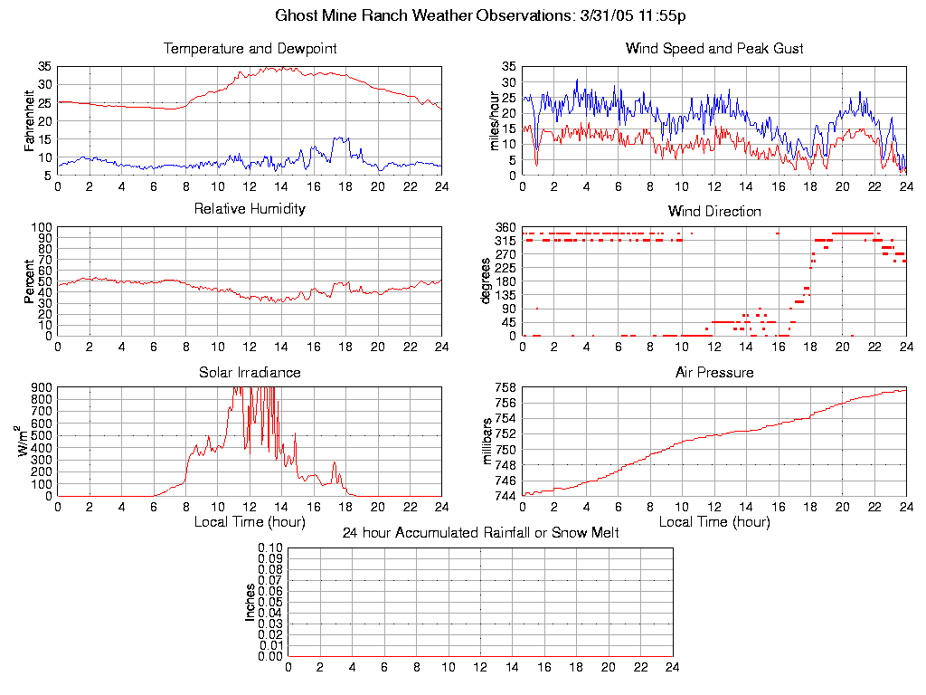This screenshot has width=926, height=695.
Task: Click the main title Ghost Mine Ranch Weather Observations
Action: coord(462,15)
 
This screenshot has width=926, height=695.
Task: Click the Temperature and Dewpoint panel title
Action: coord(250,49)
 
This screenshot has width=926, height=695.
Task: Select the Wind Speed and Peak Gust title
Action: coord(714,49)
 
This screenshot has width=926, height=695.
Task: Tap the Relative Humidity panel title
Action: coord(250,209)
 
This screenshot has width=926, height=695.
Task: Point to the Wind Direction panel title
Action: coord(714,211)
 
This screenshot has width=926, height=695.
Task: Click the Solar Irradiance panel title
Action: coord(250,372)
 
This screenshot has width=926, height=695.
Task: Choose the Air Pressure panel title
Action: coord(714,372)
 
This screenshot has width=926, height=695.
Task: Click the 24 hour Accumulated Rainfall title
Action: coord(480,533)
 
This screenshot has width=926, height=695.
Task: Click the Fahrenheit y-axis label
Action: coord(29,120)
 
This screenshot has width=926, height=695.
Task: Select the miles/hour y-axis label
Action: coord(494,120)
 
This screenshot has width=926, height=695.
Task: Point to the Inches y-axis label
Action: coord(250,602)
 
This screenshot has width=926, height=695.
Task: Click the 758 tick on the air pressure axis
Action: coord(505,387)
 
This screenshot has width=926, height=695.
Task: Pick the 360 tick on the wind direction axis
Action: coord(505,226)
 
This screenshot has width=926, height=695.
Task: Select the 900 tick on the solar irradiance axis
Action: coord(42,387)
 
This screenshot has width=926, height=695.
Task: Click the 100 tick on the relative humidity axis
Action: coord(42,226)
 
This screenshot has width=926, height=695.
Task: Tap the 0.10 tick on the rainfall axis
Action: coord(270,548)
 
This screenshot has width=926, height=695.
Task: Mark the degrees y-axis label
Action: coord(486,281)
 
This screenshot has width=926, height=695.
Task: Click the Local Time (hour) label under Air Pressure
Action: coord(714,522)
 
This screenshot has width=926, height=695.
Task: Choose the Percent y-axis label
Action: coord(29,281)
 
